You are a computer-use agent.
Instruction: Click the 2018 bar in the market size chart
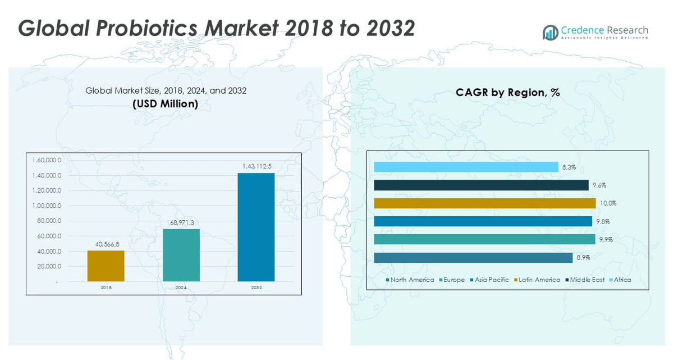pos(106,266)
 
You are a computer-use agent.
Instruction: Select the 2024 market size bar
pos(181,255)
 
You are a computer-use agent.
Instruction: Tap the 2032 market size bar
pos(256,227)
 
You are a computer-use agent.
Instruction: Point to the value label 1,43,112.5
pos(256,166)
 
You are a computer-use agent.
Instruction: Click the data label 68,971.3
pos(181,223)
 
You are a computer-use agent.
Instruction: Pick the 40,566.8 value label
pos(106,244)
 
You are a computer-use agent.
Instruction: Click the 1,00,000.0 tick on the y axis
pos(46,206)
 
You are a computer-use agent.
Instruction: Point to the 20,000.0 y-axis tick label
pos(48,266)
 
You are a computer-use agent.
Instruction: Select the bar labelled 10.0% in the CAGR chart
pos(484,203)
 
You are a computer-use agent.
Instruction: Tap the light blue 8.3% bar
pos(466,167)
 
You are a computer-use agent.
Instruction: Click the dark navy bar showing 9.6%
pos(481,185)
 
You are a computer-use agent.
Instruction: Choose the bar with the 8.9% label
pos(473,258)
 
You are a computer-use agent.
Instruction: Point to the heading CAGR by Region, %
pos(508,93)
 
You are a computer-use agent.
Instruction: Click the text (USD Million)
pos(166,104)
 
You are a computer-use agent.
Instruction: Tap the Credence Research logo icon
pos(550,32)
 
